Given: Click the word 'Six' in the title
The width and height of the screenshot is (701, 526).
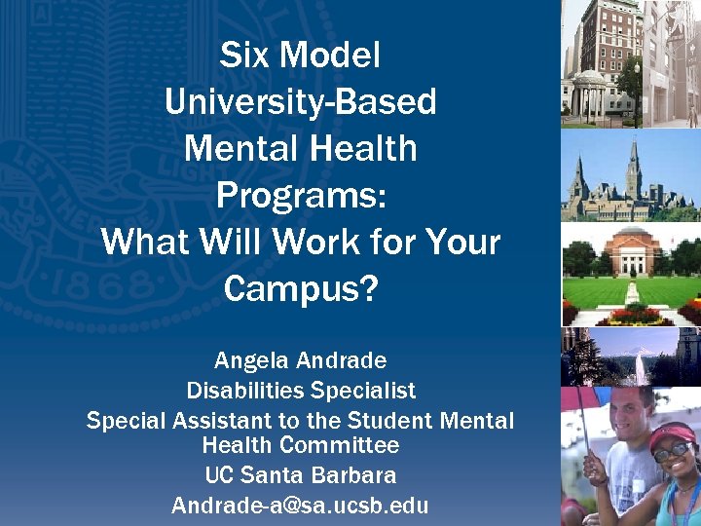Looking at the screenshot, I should [243, 55].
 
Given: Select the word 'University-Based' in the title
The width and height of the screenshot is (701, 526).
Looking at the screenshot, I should [300, 101].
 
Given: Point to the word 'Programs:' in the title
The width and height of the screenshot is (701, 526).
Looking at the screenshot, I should [301, 195].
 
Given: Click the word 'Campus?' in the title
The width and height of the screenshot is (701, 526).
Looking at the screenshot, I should [300, 288].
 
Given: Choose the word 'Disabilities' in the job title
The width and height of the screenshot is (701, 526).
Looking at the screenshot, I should [245, 391].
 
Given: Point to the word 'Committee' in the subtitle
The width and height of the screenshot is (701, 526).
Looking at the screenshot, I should [351, 446].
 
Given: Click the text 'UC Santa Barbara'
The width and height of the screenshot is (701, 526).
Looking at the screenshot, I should [300, 476].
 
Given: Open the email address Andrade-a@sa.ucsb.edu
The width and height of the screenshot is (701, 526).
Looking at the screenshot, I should [300, 506].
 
